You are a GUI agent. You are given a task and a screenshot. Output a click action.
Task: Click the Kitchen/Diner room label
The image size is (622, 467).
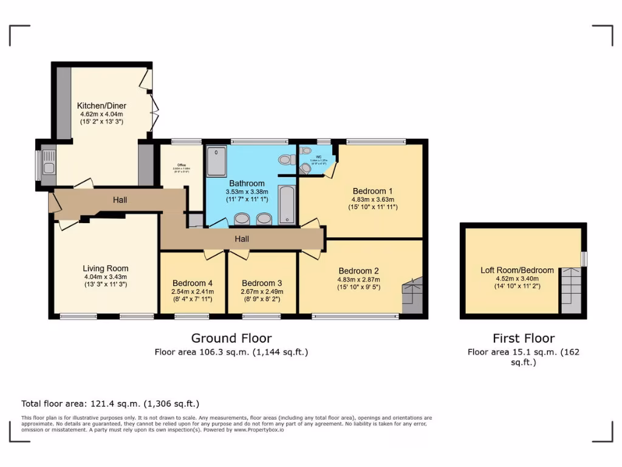[x=101, y=106]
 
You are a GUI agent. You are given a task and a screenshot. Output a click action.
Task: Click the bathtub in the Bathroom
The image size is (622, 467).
[x=287, y=206]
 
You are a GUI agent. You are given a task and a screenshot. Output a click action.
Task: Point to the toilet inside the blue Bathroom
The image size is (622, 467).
[x=284, y=160]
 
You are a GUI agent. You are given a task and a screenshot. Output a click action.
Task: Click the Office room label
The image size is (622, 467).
[x=180, y=165]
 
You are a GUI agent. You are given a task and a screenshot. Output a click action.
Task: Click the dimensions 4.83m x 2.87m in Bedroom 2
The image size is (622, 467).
[x=359, y=280]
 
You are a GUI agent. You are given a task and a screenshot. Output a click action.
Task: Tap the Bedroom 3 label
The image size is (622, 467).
[x=262, y=283]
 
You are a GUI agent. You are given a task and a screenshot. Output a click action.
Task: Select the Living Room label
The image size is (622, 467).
[x=106, y=268]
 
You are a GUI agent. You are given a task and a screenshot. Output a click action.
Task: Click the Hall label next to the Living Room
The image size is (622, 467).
[x=120, y=199]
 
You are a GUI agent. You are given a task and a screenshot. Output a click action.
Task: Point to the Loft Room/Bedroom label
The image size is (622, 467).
[x=517, y=270]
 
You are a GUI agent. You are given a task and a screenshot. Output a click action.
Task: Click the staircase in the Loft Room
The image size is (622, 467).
[x=570, y=289]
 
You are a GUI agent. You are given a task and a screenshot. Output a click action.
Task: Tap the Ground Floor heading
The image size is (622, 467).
[x=231, y=338]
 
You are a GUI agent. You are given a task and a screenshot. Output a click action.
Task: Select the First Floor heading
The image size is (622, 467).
[x=524, y=339]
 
